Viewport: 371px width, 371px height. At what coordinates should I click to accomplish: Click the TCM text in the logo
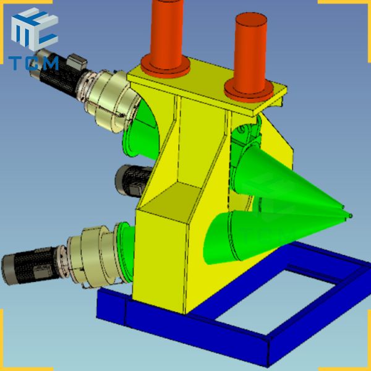[34, 62]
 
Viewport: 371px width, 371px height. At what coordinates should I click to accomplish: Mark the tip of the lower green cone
[351, 215]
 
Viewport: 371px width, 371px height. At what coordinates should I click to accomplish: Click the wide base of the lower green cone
[223, 238]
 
